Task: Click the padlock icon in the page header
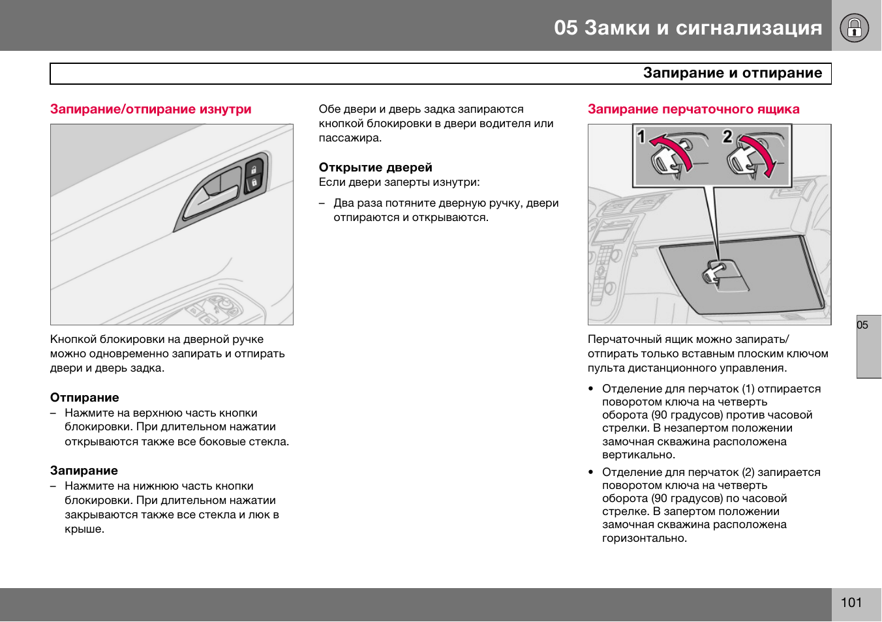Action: tap(854, 27)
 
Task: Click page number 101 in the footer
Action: tap(851, 602)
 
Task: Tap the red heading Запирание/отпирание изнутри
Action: tap(151, 109)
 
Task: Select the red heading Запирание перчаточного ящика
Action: tap(693, 109)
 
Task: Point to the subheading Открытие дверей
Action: tap(375, 167)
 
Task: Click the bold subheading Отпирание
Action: tap(84, 397)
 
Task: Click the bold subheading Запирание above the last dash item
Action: tap(84, 471)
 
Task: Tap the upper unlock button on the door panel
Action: tap(254, 170)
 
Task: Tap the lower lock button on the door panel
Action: tap(254, 183)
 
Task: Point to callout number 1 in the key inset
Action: tap(641, 136)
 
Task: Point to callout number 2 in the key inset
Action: tap(727, 136)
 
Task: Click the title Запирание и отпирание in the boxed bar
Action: tap(733, 73)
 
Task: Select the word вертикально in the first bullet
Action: tap(639, 455)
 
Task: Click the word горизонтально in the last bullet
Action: tap(644, 538)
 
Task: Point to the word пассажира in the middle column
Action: tap(350, 138)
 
